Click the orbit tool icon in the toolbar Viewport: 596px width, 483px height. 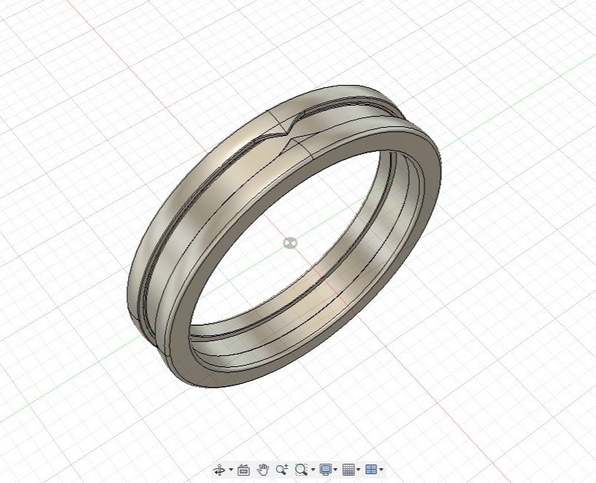220,470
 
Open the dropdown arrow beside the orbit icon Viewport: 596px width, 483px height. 231,470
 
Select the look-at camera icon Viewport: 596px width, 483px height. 243,470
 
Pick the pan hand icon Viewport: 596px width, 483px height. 263,470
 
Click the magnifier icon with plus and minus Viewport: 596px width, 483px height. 282,470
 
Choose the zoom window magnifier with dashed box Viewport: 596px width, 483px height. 301,470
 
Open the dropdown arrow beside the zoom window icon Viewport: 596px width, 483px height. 313,470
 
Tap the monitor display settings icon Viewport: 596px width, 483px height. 325,470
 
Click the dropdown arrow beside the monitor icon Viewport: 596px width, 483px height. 336,470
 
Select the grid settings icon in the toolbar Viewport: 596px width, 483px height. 348,470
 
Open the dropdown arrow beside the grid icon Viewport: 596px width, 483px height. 359,470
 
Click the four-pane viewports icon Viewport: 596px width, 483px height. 370,470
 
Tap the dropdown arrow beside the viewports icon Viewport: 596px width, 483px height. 381,470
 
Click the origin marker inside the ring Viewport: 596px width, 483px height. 291,243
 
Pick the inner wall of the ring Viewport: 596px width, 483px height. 370,244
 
